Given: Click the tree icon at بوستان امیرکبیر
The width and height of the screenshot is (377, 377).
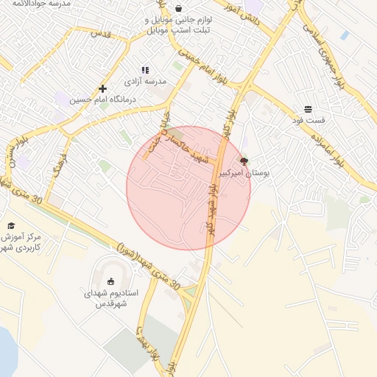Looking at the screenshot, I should pyautogui.click(x=244, y=161).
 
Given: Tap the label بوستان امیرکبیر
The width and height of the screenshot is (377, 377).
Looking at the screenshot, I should pyautogui.click(x=246, y=172).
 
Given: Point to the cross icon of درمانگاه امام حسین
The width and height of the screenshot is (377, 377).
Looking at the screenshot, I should pyautogui.click(x=102, y=89).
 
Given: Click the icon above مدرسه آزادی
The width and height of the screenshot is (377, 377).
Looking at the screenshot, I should pyautogui.click(x=145, y=70).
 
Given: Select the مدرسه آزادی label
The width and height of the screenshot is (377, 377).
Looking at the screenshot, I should pyautogui.click(x=145, y=80).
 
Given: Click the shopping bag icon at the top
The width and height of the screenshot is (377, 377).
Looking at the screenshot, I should pyautogui.click(x=178, y=9).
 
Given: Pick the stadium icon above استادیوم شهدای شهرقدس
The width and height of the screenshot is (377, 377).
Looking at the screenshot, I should pyautogui.click(x=111, y=281).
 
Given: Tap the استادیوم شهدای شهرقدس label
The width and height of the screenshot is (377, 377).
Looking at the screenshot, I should pyautogui.click(x=110, y=297).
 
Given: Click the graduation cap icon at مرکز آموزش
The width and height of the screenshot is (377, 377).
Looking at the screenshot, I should pyautogui.click(x=11, y=225).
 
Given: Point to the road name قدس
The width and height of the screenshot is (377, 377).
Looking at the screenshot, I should pyautogui.click(x=99, y=34).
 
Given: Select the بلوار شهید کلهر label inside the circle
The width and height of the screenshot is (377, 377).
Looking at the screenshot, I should pyautogui.click(x=211, y=214).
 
